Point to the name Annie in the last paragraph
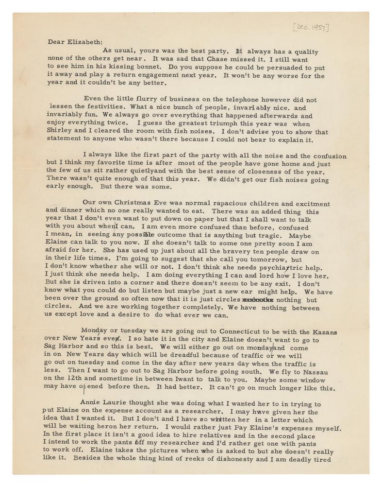[x=91, y=403]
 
